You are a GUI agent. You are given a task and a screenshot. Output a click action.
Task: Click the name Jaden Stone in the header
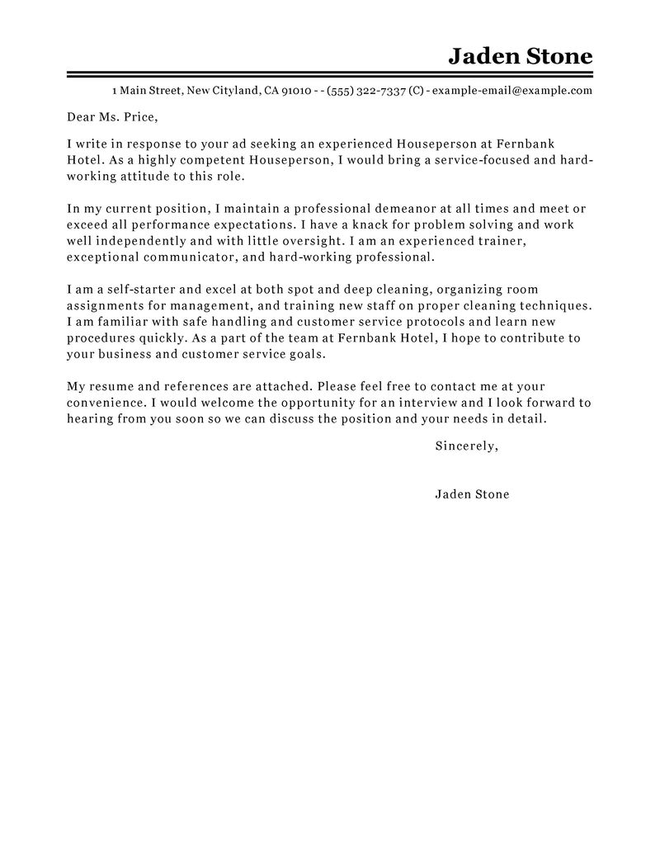[x=520, y=56]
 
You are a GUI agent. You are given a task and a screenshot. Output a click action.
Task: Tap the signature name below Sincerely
[x=471, y=495]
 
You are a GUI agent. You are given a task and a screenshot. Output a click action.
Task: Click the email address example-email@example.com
[x=511, y=91]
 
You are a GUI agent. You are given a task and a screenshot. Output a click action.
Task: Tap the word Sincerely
[x=465, y=446]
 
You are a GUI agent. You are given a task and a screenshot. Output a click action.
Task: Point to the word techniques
[x=550, y=305]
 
